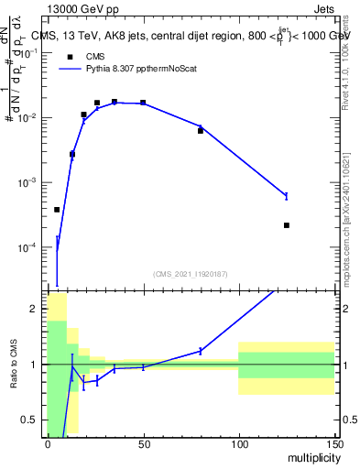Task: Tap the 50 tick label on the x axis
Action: [x=143, y=443]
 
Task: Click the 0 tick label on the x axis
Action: [x=48, y=443]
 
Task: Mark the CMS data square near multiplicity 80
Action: [x=201, y=131]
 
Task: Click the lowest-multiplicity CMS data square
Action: [x=57, y=210]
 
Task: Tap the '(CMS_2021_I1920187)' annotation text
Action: [x=191, y=273]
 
